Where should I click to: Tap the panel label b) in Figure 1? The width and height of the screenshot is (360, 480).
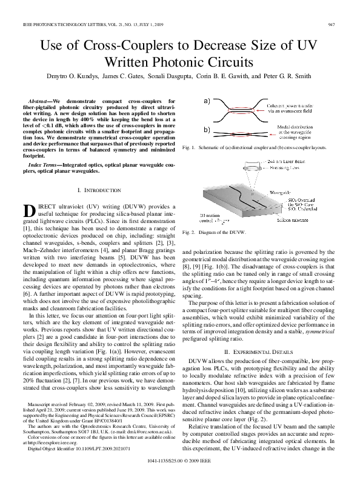click(x=207, y=130)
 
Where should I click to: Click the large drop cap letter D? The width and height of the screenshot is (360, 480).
click(x=30, y=211)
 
